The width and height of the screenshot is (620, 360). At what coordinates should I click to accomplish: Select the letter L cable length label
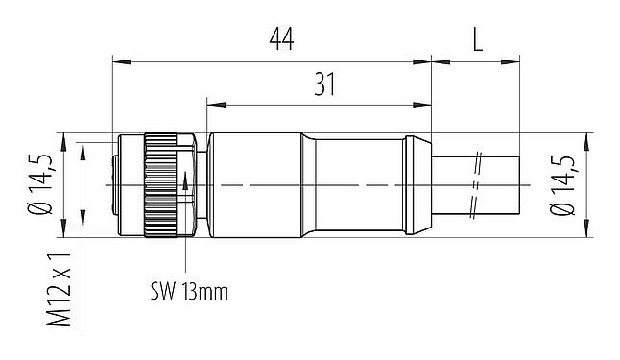point(478,39)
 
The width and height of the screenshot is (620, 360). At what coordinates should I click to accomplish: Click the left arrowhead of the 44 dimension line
point(119,62)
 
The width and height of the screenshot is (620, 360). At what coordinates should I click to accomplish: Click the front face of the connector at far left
point(116,182)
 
